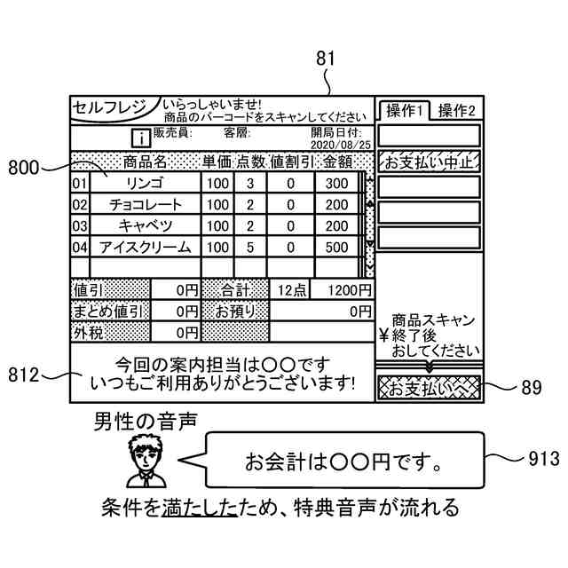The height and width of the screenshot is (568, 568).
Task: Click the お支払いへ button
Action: (x=429, y=388)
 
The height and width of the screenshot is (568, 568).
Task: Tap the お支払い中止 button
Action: (x=429, y=162)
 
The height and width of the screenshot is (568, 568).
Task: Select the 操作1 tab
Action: (x=403, y=111)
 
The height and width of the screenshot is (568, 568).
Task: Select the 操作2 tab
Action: (x=456, y=111)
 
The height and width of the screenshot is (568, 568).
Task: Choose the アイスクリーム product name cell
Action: (x=145, y=247)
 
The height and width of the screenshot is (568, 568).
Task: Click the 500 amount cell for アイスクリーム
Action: (x=336, y=247)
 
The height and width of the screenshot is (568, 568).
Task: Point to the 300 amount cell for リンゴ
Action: (x=336, y=184)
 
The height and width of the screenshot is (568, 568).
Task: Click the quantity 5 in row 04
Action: (x=250, y=247)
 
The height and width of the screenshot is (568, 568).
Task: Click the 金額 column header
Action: (x=336, y=162)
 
